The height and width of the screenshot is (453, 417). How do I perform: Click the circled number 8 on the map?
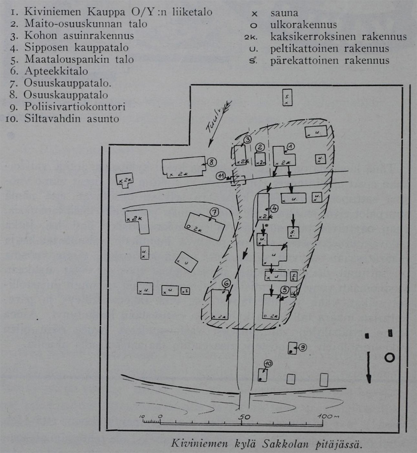(212, 162)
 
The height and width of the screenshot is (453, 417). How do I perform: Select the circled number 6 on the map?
(226, 284)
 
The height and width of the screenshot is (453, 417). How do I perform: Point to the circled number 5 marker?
(285, 289)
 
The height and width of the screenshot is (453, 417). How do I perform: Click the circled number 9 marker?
(302, 347)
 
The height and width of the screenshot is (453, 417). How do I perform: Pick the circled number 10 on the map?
(268, 363)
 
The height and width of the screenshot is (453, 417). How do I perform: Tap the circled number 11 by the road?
(221, 175)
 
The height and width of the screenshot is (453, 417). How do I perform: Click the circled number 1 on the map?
(290, 146)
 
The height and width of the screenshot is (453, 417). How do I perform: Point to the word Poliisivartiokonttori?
(74, 107)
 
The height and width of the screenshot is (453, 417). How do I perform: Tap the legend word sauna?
(283, 13)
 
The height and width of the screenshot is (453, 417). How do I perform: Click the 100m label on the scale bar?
(329, 417)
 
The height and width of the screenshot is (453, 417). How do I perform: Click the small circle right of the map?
(389, 357)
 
